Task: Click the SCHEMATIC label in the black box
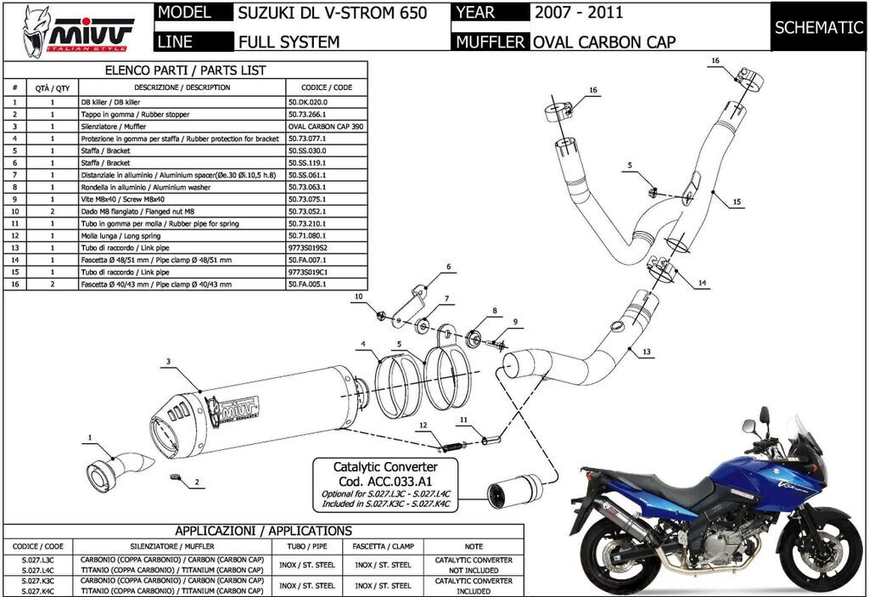(x=819, y=27)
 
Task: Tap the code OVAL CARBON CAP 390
(x=328, y=126)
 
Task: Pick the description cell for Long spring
(x=182, y=235)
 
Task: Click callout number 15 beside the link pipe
(x=737, y=202)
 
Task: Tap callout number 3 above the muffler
(x=168, y=362)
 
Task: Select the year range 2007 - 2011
(x=579, y=13)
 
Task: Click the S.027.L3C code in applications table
(x=37, y=560)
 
